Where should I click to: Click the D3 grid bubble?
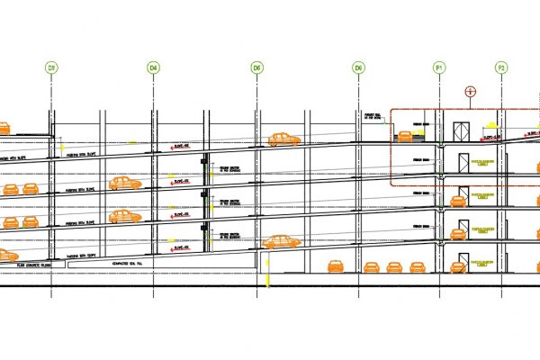tap(52, 67)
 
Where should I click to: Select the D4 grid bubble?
tap(154, 67)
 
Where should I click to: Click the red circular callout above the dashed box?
tap(469, 92)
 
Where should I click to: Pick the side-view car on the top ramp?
tap(283, 139)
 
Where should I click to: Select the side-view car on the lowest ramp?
tap(281, 241)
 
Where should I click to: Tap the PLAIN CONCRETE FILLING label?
tap(37, 265)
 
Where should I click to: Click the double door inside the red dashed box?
tap(462, 131)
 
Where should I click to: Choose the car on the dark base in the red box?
tap(407, 135)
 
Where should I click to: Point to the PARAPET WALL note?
tap(373, 116)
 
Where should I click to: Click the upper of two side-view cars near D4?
tap(125, 183)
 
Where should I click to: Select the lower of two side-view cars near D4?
tap(125, 216)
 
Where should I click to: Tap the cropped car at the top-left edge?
tap(4, 128)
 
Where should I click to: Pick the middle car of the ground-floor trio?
tap(393, 266)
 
